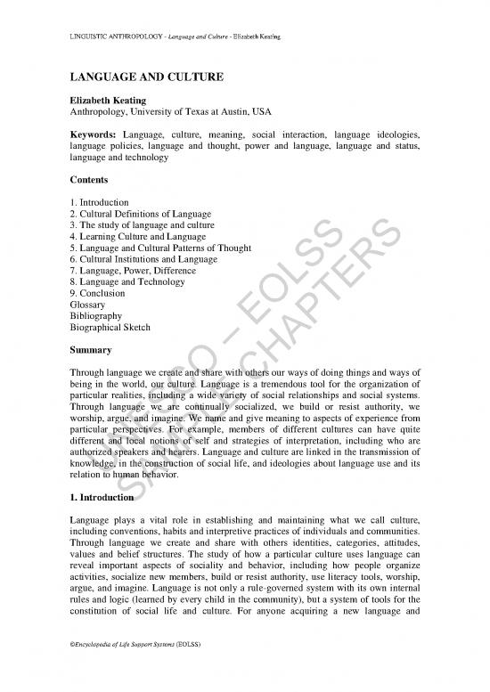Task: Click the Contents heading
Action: [90, 179]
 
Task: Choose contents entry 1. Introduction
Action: [99, 202]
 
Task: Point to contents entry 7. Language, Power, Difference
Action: [130, 271]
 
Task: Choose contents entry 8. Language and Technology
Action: [127, 282]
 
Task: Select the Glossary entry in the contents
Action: [88, 305]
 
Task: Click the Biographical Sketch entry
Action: [110, 327]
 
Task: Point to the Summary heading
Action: [93, 350]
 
